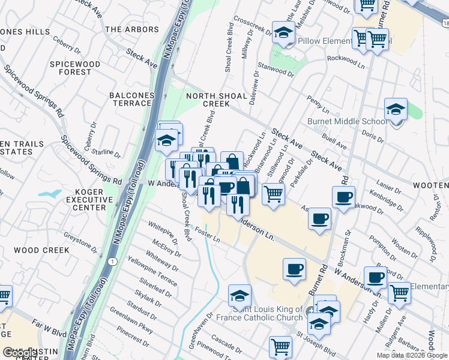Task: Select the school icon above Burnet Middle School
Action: [x=396, y=110]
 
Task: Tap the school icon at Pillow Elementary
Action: [x=283, y=33]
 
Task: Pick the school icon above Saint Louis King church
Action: [x=240, y=296]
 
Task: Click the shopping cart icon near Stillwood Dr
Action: [x=273, y=194]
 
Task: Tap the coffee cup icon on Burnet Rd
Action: [x=343, y=197]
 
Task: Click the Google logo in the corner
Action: [x=19, y=353]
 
